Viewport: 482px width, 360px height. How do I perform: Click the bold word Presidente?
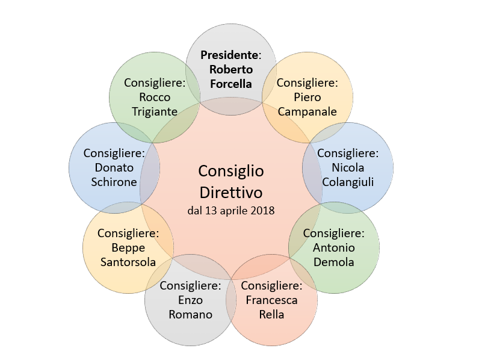229,55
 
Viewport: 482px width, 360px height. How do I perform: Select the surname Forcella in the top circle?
231,84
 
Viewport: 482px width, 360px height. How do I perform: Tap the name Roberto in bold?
231,69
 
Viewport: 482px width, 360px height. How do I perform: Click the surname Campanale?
307,112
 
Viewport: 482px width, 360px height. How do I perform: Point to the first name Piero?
307,97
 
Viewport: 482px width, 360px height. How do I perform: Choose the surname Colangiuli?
348,182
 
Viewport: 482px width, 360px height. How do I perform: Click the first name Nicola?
348,168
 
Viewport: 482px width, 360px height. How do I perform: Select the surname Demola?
334,262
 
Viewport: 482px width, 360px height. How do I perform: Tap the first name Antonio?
334,248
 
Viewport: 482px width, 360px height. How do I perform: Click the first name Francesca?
271,300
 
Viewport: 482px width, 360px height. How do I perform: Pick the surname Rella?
271,314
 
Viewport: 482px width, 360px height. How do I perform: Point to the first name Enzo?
190,300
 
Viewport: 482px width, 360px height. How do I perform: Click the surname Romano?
190,314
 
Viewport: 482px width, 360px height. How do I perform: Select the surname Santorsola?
128,262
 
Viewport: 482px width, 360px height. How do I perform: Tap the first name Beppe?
128,249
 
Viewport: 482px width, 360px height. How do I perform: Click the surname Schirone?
114,182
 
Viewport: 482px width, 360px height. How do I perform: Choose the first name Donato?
114,168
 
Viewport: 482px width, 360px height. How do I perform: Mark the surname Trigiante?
155,112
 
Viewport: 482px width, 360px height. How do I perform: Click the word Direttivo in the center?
231,193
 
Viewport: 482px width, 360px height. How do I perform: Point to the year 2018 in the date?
262,211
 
